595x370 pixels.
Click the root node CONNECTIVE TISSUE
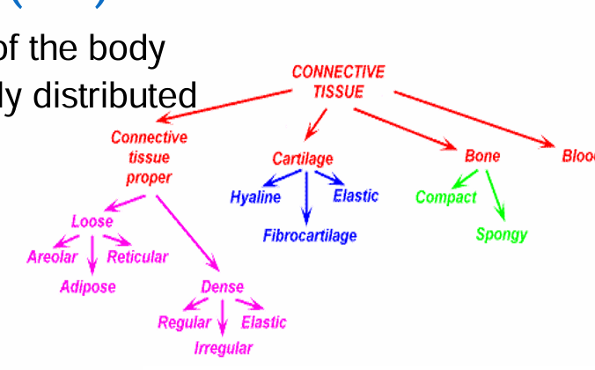338,81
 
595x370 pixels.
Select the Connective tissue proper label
149,157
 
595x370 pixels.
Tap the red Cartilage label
303,159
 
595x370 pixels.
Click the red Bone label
482,156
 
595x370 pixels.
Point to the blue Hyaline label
255,196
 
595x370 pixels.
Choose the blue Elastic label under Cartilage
356,195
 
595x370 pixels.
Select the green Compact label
445,196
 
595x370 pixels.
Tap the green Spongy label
501,234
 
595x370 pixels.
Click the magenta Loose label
92,221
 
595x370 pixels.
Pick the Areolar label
52,257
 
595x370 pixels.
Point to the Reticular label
137,257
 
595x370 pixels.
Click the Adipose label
88,286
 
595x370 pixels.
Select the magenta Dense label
222,287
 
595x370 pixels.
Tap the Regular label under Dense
184,322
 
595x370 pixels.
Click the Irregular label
224,348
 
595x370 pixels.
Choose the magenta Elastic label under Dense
263,322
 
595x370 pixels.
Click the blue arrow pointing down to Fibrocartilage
305,201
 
